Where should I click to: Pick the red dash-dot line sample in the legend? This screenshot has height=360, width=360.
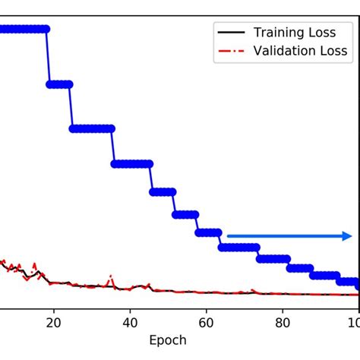tap(232, 51)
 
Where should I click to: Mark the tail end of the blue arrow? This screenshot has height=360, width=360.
tap(229, 236)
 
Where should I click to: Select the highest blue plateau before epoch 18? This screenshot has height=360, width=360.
tap(23, 29)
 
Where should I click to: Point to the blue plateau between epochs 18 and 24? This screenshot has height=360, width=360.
tap(60, 84)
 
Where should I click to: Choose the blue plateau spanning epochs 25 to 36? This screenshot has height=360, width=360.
tap(92, 128)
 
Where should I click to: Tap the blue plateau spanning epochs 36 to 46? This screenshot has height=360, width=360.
tap(132, 163)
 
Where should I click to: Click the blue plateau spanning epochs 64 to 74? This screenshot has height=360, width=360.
tap(239, 247)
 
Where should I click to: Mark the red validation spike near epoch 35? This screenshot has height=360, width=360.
tap(110, 277)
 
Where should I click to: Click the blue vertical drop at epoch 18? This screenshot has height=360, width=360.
tap(48, 57)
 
